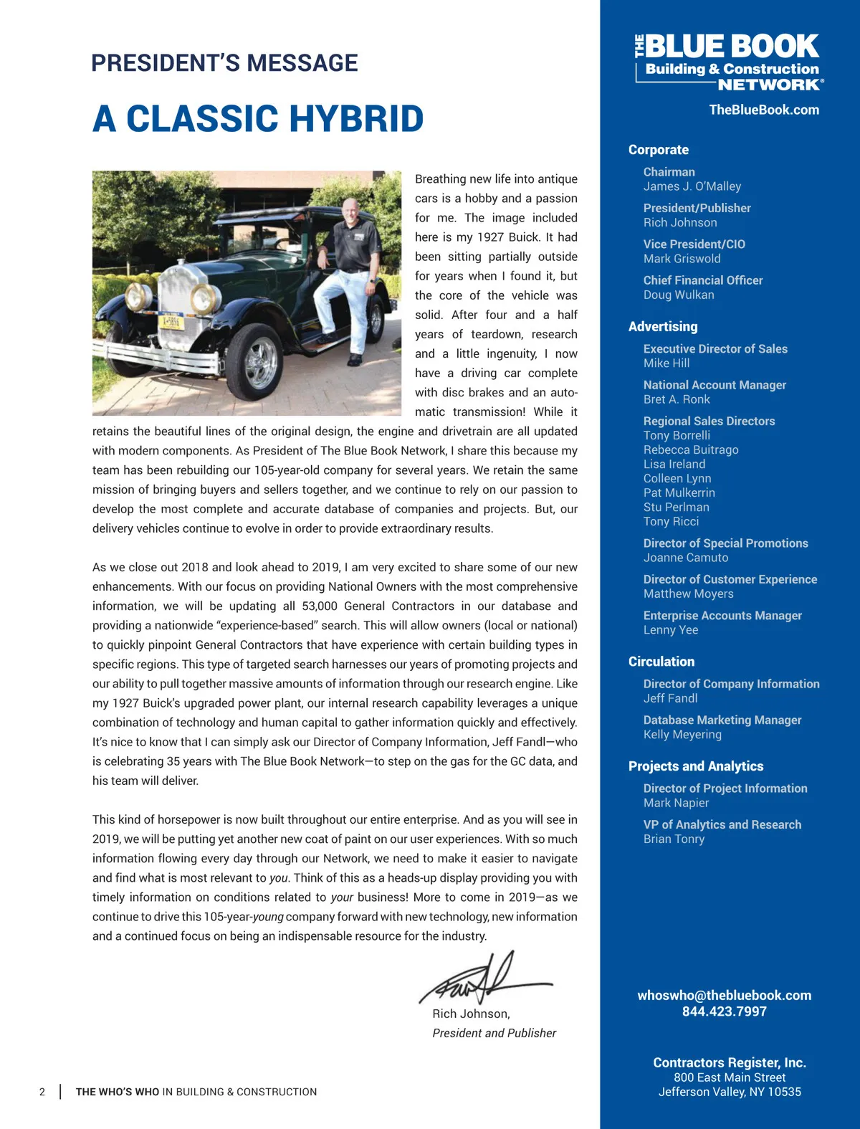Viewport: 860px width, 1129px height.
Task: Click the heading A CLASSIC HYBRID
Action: pyautogui.click(x=258, y=119)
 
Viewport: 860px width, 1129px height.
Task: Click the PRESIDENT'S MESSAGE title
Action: pyautogui.click(x=224, y=63)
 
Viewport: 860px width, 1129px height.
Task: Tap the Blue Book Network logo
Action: pyautogui.click(x=730, y=62)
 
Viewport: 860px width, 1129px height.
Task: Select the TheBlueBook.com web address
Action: pyautogui.click(x=764, y=110)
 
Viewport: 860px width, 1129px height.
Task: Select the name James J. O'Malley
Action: pyautogui.click(x=692, y=186)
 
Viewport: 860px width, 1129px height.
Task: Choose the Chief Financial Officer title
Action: pyautogui.click(x=702, y=280)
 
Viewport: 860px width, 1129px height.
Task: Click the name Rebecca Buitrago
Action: pyautogui.click(x=690, y=449)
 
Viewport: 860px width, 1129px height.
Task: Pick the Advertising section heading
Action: pyautogui.click(x=662, y=327)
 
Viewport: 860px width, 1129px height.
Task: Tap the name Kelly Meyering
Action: pyautogui.click(x=682, y=735)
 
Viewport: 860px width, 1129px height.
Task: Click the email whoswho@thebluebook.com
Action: pyautogui.click(x=725, y=995)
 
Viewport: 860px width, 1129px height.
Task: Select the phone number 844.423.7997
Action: pyautogui.click(x=724, y=1011)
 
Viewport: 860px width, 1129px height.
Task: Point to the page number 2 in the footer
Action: pyautogui.click(x=42, y=1092)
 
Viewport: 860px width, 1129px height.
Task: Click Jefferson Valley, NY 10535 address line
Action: pyautogui.click(x=730, y=1092)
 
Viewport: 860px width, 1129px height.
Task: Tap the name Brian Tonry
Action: pyautogui.click(x=674, y=839)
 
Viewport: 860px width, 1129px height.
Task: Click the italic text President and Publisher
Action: pyautogui.click(x=494, y=1033)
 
